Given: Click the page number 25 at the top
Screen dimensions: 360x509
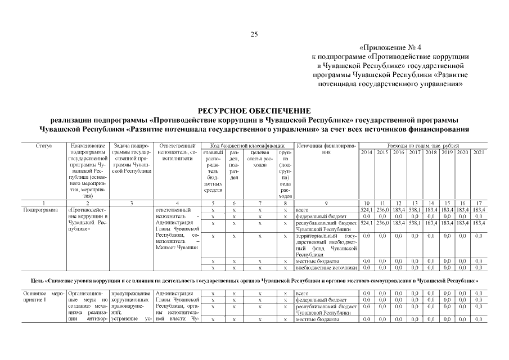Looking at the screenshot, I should click(254, 35).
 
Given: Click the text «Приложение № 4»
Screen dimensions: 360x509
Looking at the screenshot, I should click(389, 48).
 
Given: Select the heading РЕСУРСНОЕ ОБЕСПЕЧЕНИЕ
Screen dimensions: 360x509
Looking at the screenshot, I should click(254, 111).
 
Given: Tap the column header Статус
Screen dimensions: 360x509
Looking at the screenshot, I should click(43, 146).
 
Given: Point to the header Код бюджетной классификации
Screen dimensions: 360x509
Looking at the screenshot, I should click(245, 146).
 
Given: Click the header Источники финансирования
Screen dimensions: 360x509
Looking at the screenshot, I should click(326, 149).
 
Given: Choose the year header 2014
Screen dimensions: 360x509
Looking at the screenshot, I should click(366, 152).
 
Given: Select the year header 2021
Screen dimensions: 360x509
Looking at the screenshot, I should click(479, 152).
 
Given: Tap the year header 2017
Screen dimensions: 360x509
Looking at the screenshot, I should click(415, 152).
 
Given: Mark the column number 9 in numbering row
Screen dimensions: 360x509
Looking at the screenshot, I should click(326, 202).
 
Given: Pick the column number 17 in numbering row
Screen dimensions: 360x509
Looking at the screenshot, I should click(479, 202).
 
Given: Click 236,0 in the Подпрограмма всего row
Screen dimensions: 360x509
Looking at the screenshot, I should click(382, 209).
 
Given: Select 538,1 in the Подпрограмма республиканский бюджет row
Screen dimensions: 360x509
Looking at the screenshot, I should click(415, 223).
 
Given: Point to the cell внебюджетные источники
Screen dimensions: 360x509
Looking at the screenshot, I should click(326, 268).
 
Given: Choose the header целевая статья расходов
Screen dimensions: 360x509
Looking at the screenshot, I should click(259, 156).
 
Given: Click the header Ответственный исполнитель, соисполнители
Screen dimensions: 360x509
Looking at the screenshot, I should click(177, 152).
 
